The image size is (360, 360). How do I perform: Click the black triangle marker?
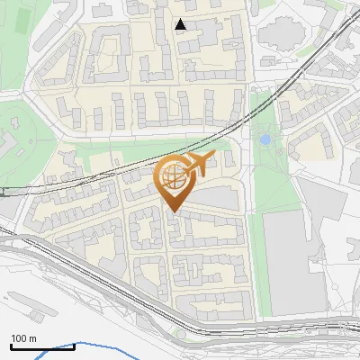[x=181, y=24]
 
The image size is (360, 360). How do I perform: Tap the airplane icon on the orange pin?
[x=197, y=164]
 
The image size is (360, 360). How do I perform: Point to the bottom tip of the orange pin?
[x=174, y=212]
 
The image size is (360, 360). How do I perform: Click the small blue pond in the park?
[x=265, y=140]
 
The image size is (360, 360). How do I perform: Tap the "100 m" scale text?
[x=23, y=338]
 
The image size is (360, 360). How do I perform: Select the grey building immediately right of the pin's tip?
[x=216, y=198]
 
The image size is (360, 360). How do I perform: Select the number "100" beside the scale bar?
[x=19, y=338]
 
